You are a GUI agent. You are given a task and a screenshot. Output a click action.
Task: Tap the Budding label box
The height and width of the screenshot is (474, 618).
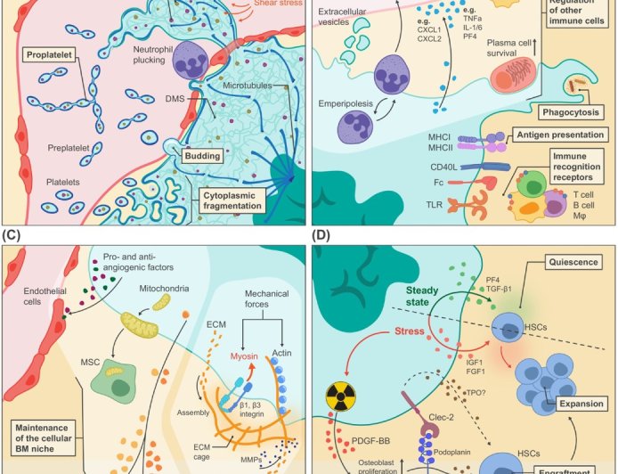click(x=201, y=156)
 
